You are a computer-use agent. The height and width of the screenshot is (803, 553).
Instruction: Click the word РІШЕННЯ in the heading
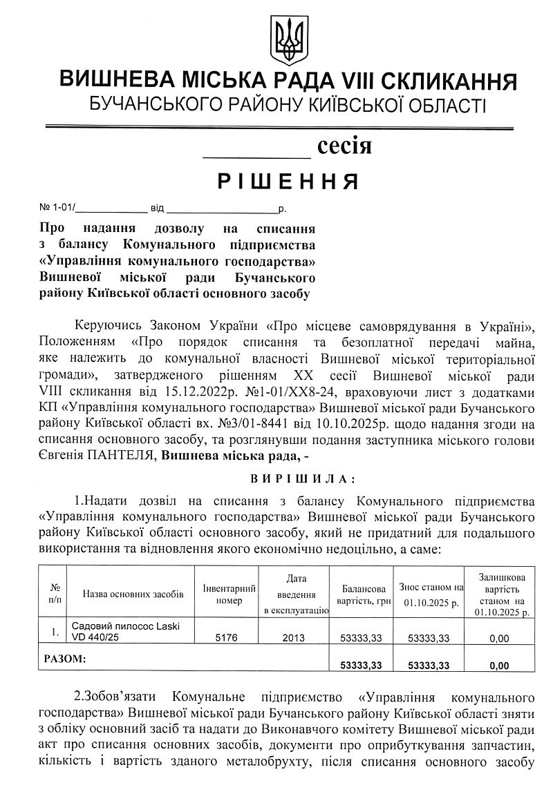(288, 181)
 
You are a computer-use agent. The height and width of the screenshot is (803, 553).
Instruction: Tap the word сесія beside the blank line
(344, 146)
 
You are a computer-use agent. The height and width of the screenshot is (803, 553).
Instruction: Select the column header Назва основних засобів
(133, 594)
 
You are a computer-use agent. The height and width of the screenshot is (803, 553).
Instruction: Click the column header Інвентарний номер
(229, 594)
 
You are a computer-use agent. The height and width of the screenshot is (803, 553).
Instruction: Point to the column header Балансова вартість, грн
(362, 594)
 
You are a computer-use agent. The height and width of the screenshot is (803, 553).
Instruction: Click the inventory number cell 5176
(227, 639)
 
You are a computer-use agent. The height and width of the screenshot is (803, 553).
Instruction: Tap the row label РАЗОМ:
(65, 659)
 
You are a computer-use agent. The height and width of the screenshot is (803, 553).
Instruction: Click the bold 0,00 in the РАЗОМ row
(498, 666)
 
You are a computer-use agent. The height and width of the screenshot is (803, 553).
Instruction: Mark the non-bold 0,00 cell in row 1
(498, 639)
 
